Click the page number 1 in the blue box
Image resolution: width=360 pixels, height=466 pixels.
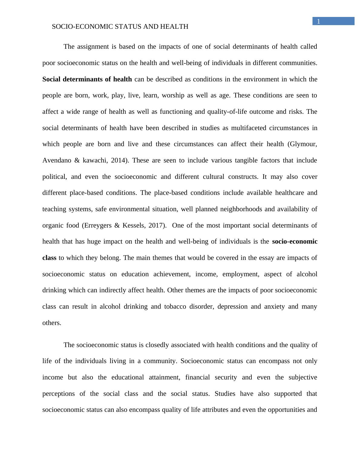[318, 21]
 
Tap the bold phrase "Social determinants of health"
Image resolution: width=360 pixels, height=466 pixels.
[87, 79]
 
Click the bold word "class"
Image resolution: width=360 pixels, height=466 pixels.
[49, 258]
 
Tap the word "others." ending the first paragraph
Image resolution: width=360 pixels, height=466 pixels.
[52, 323]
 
